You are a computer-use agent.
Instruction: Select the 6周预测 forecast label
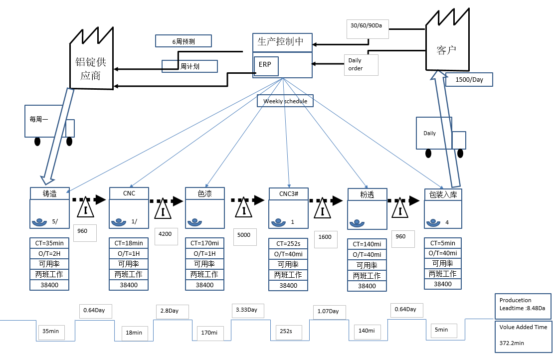[x=183, y=41]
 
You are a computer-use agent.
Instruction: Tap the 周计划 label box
[x=190, y=66]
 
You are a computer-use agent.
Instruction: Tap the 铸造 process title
[x=50, y=193]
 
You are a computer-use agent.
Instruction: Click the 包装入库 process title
[x=443, y=194]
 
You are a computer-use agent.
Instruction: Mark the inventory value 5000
[x=245, y=235]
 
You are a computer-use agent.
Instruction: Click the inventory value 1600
[x=325, y=237]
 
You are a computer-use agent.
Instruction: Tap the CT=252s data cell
[x=288, y=244]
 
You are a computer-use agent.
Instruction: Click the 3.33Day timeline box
[x=247, y=310]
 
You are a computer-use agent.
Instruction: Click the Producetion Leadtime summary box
[x=523, y=304]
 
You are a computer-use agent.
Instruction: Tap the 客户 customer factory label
[x=446, y=50]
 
